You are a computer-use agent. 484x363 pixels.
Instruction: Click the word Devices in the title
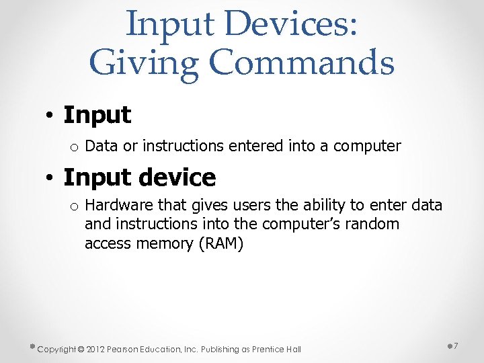coord(290,24)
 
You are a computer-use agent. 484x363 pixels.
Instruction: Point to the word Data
coord(100,145)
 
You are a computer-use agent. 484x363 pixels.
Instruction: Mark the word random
coord(372,224)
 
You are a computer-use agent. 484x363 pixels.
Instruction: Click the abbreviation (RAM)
coord(221,243)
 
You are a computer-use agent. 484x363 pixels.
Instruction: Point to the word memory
coord(165,243)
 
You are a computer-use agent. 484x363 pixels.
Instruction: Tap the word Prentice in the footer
coord(268,349)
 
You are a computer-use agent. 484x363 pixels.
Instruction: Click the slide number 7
coord(456,346)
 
